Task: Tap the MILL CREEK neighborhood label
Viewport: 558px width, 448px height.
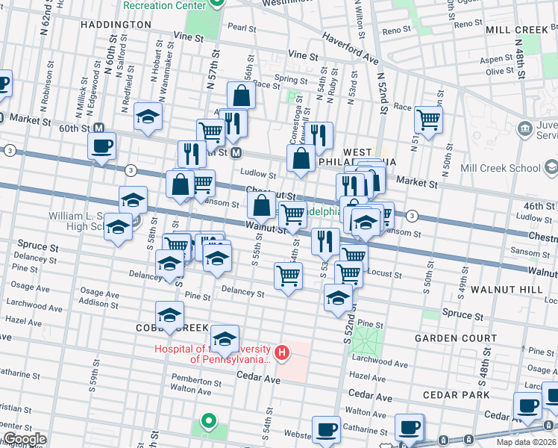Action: click(x=516, y=30)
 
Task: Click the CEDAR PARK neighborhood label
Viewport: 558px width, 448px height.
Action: click(x=455, y=394)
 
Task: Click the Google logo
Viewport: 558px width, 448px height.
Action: click(x=24, y=439)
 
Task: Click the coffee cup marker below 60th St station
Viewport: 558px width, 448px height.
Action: click(x=101, y=146)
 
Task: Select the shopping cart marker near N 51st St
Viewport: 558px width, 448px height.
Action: click(x=429, y=119)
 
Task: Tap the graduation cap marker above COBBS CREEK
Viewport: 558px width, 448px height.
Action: click(x=169, y=314)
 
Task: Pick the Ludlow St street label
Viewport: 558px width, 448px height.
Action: click(x=258, y=174)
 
